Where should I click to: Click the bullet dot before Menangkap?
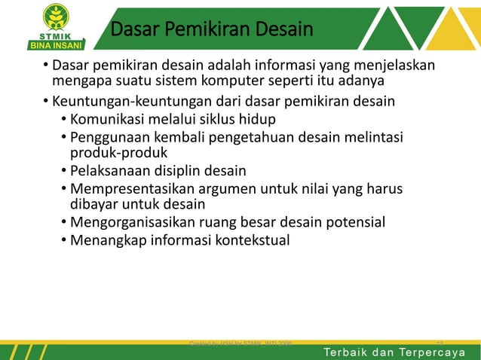point(63,240)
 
